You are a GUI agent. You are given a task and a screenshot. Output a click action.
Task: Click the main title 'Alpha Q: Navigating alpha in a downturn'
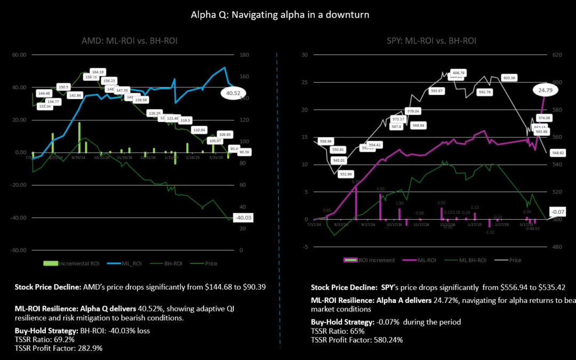point(279,14)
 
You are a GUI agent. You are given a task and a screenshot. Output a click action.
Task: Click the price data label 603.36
point(509,78)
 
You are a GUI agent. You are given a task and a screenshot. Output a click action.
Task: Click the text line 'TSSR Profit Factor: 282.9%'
point(59,348)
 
